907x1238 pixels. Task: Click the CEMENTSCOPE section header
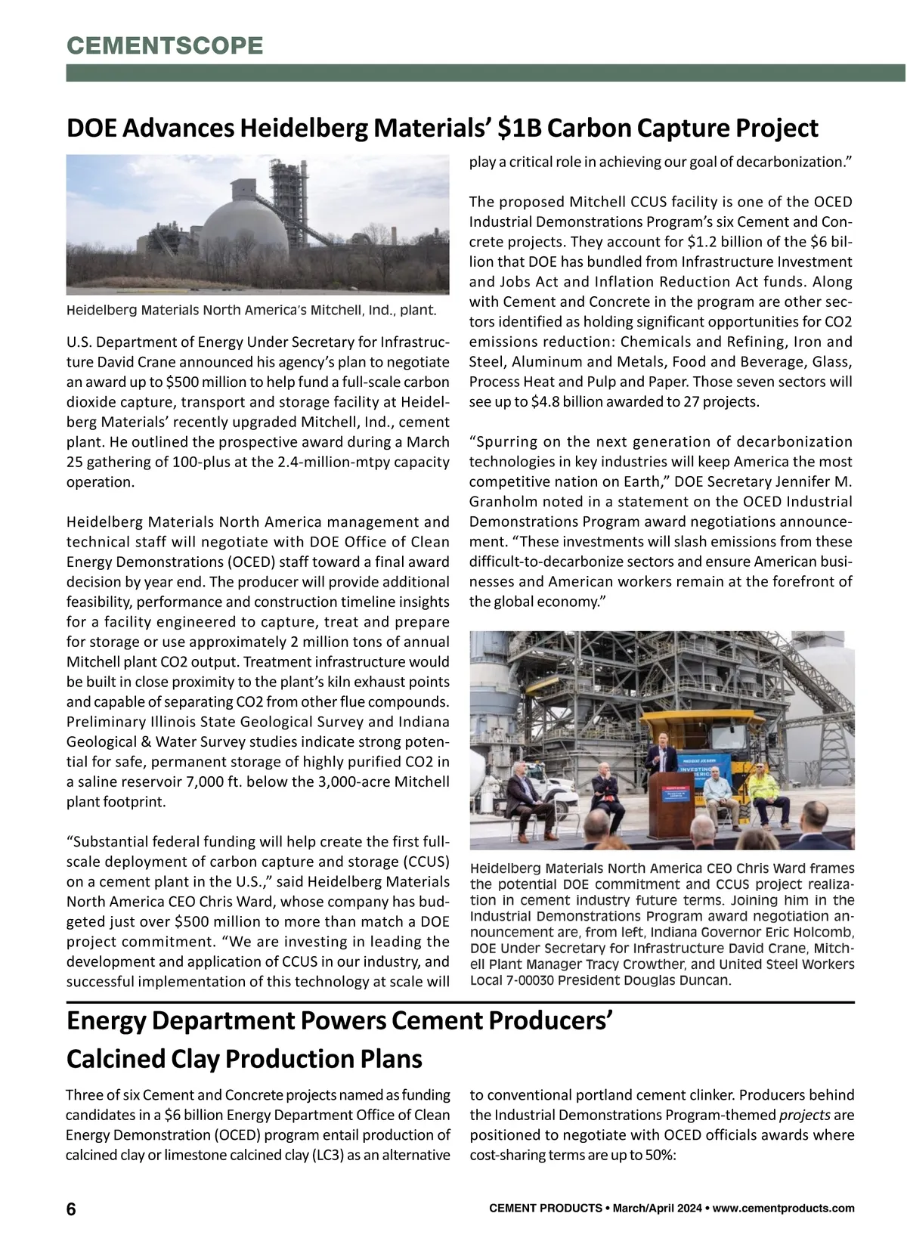(x=165, y=45)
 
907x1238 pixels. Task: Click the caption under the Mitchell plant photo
(x=251, y=310)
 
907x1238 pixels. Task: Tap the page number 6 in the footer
(x=71, y=1209)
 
